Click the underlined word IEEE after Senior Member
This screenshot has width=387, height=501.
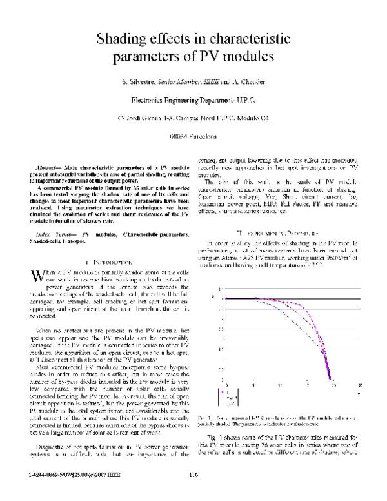click(x=210, y=83)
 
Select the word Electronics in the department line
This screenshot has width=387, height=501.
click(x=149, y=101)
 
